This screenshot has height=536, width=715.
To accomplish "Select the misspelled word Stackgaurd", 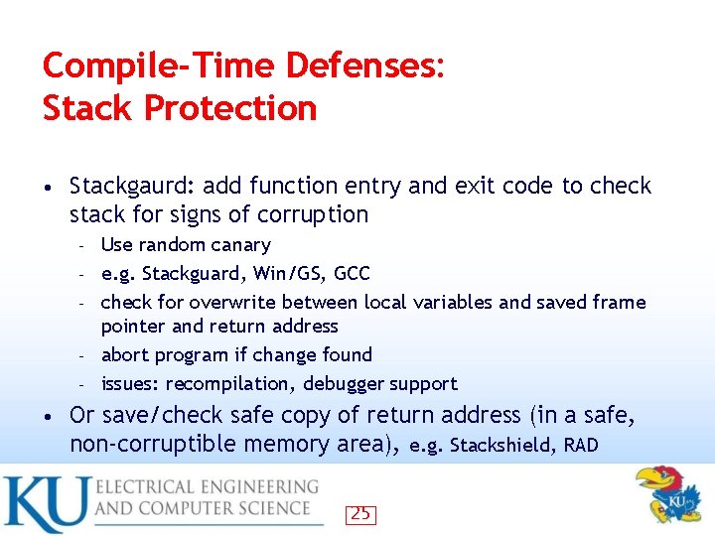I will pyautogui.click(x=126, y=186).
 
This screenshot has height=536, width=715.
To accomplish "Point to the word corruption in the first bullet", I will pyautogui.click(x=315, y=214).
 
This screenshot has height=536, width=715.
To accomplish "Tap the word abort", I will pyautogui.click(x=124, y=354).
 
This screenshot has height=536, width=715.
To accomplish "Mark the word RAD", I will pyautogui.click(x=581, y=445).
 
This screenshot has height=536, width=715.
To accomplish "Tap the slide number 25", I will pyautogui.click(x=360, y=514).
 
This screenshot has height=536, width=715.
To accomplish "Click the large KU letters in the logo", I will pyautogui.click(x=45, y=504).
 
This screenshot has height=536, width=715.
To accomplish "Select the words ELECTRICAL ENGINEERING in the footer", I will pyautogui.click(x=207, y=487).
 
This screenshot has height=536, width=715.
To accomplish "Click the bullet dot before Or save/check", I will pyautogui.click(x=49, y=415).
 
